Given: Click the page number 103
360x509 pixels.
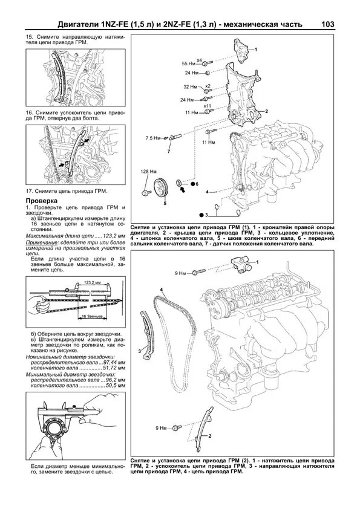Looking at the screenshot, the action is (327, 24).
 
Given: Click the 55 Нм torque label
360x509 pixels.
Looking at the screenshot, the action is (188, 63).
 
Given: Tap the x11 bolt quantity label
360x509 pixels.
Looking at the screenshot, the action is (207, 106).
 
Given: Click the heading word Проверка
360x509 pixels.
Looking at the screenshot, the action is (41, 201).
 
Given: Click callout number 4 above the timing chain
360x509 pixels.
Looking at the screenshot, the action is (161, 289).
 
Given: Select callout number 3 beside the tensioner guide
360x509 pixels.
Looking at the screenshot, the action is (139, 351).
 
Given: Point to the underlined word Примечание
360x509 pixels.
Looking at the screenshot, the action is (39, 242).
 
